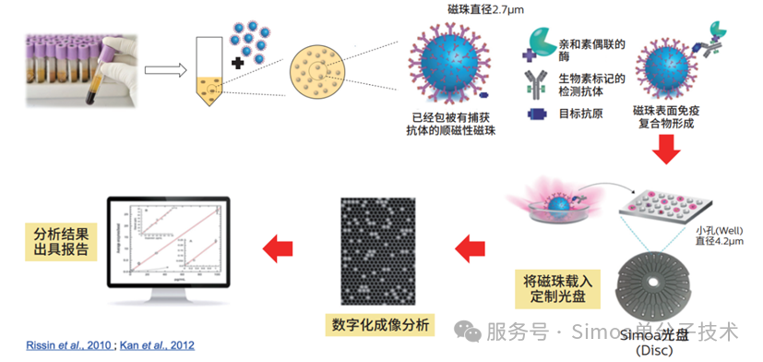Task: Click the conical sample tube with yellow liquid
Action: click(x=213, y=70)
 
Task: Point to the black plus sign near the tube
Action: click(x=239, y=63)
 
